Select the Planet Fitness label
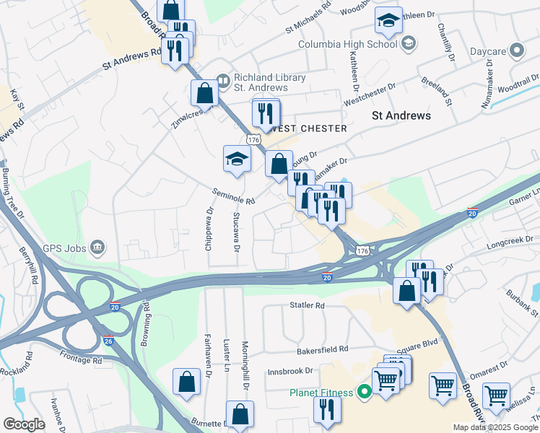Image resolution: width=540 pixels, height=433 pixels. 321,393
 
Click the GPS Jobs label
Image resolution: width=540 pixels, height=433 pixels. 64,249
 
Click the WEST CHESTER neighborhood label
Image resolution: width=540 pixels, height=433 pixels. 307,128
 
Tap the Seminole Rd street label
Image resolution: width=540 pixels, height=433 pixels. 233,196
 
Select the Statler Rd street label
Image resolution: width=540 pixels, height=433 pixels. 308,305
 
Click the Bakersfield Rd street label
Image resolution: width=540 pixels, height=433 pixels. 323,349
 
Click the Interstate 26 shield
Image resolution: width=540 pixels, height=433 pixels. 108,340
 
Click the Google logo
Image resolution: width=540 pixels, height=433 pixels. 24,424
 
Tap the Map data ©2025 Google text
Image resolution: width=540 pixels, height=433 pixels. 495,427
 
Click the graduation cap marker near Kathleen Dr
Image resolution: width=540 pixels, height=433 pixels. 388,22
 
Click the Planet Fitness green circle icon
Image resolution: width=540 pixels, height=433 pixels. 365,393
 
